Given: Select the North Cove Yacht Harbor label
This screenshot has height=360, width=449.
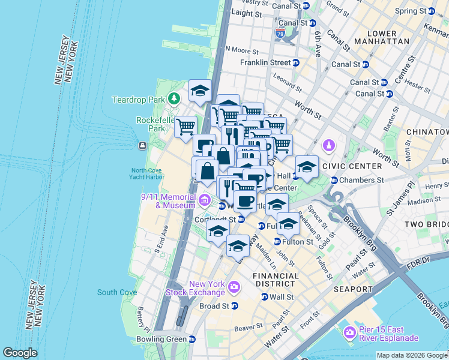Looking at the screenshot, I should tap(148, 173).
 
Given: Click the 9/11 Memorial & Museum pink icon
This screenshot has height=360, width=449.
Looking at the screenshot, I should tap(205, 200).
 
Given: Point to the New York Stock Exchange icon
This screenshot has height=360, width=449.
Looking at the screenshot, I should tap(234, 289).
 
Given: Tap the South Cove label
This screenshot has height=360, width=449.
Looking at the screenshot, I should tap(117, 292).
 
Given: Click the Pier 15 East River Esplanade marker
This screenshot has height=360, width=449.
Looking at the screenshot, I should tap(349, 332).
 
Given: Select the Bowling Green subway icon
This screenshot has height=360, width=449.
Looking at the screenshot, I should tap(192, 339).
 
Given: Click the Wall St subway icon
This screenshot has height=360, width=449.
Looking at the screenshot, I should tap(265, 296).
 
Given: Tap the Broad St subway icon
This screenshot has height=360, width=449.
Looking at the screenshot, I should tap(235, 305).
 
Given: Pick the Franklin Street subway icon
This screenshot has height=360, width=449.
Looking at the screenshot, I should tap(296, 62).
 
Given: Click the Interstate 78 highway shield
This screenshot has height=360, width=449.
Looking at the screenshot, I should tap(280, 34).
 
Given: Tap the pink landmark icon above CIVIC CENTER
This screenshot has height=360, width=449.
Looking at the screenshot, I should tap(329, 145).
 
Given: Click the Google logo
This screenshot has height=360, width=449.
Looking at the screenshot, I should tap(20, 353).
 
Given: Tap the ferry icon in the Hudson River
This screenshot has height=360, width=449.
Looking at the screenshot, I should tap(142, 146).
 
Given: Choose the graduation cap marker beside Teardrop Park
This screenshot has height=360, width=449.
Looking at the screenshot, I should tap(200, 91).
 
